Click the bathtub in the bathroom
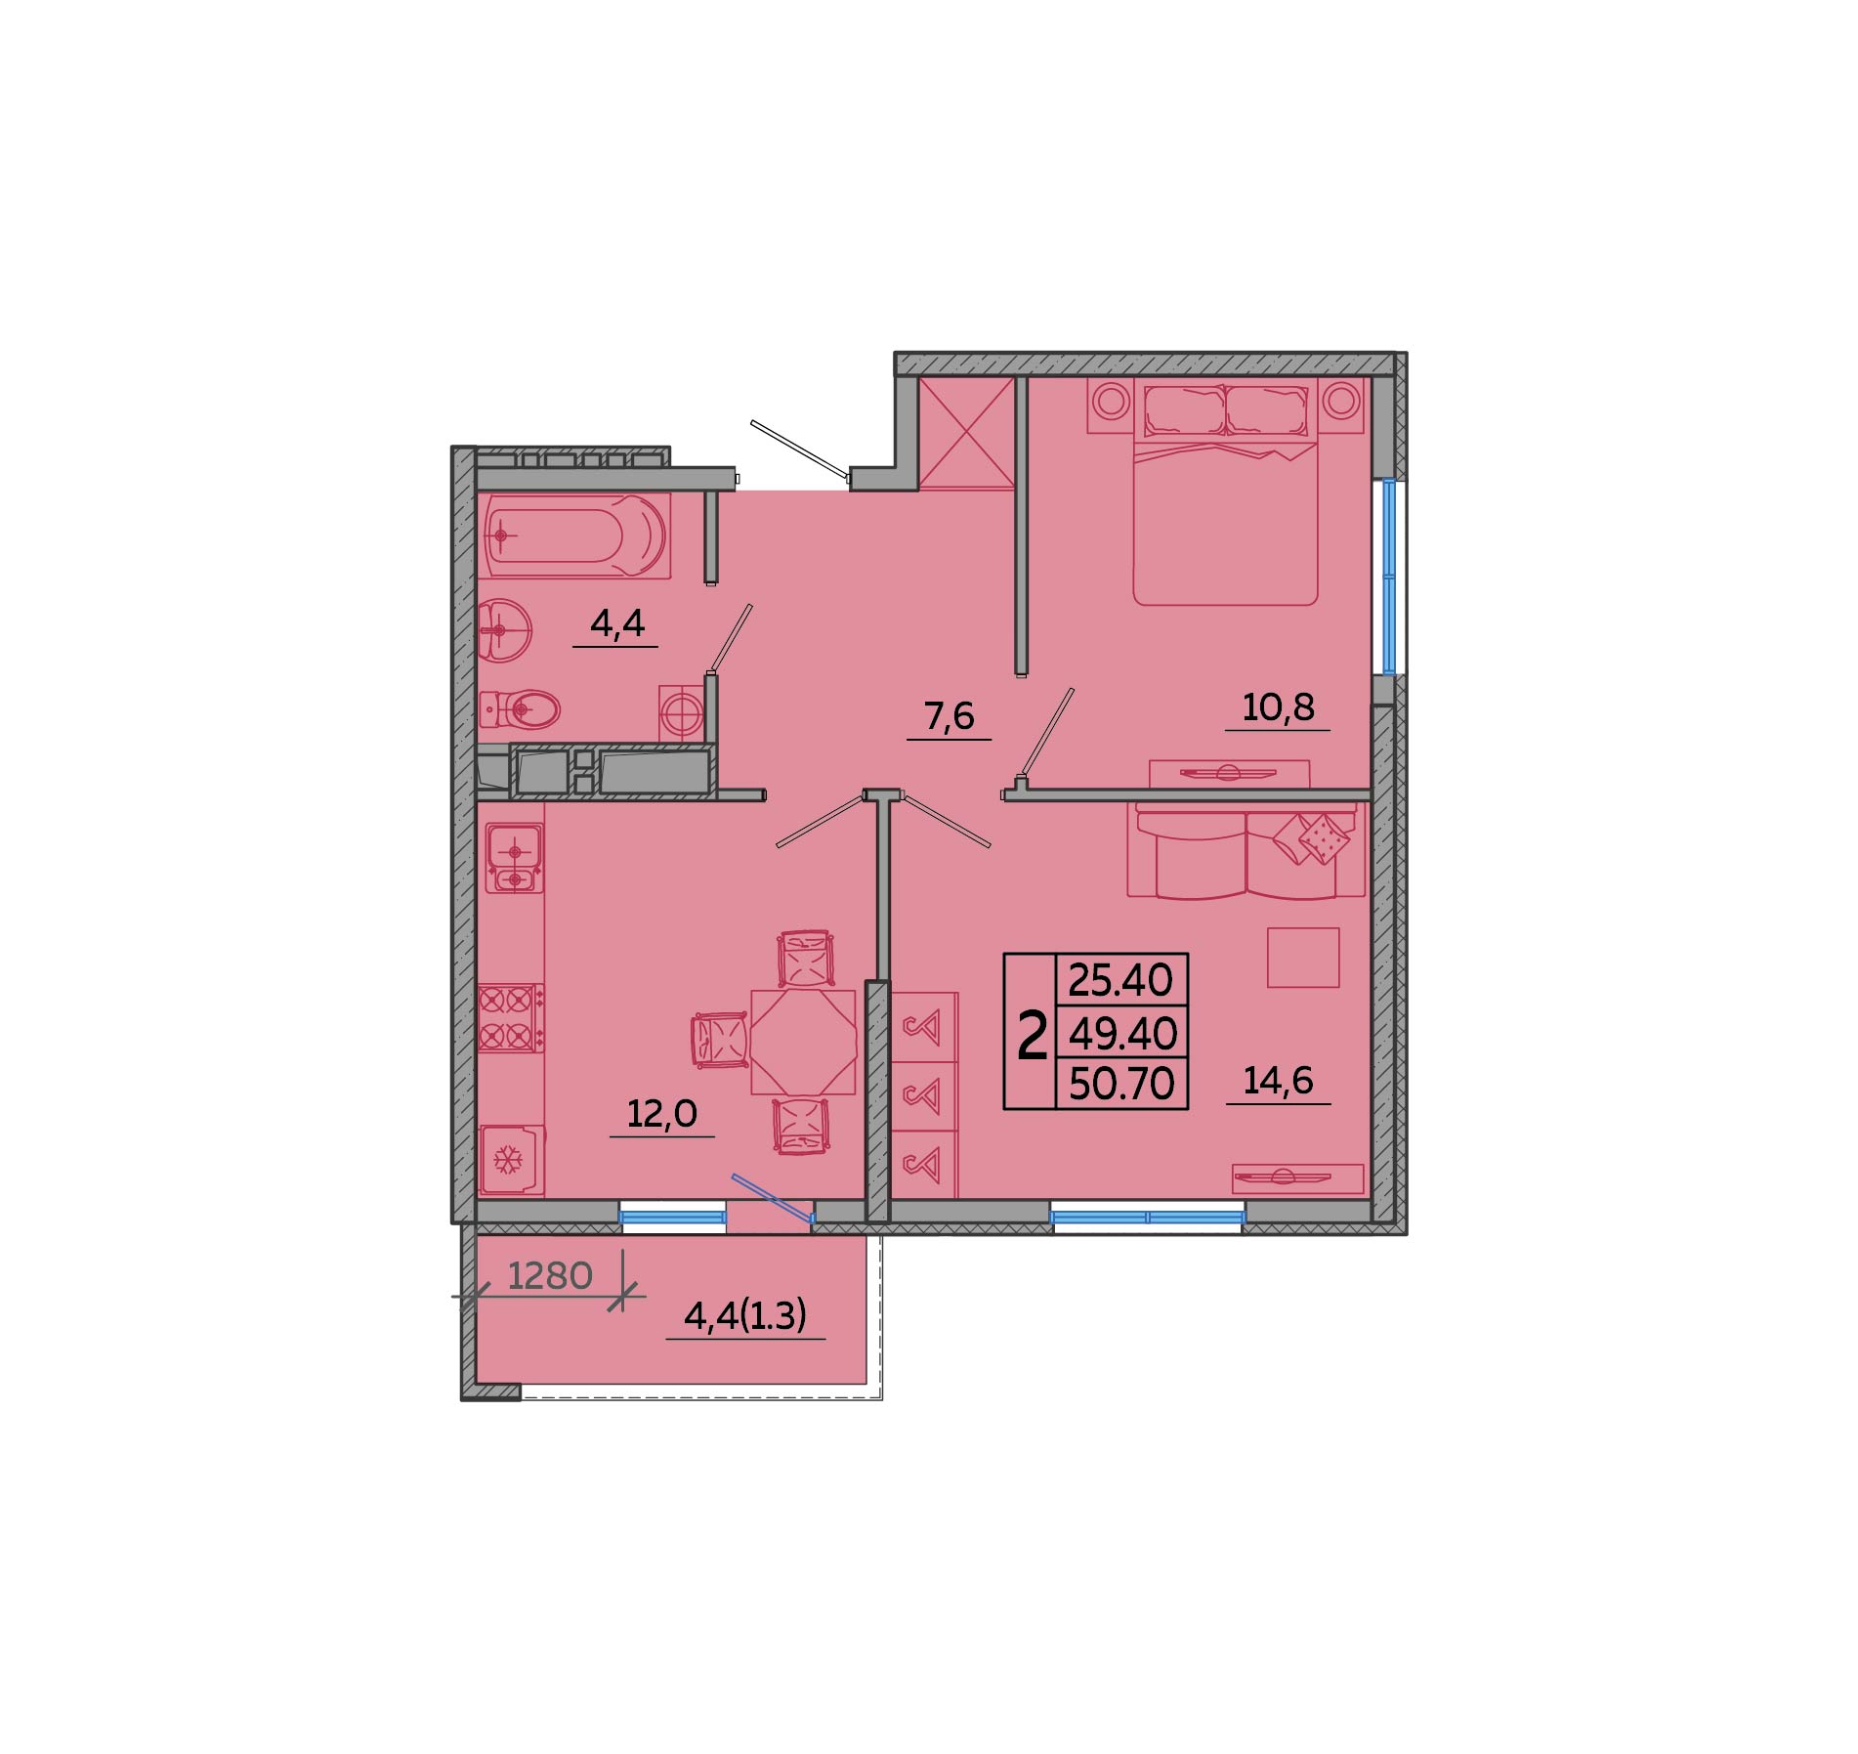pos(575,535)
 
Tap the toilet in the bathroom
pos(519,708)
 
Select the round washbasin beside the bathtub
pos(504,630)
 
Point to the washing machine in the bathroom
pos(682,713)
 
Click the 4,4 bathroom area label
pos(617,622)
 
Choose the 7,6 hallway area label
pos(949,716)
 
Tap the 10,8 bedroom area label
pos(1278,706)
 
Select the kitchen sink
pos(514,858)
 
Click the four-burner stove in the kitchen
pos(510,1017)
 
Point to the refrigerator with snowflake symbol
pos(511,1160)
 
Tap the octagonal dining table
pos(803,1042)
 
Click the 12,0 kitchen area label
pos(661,1113)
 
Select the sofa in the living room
pos(1246,849)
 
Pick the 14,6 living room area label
pos(1278,1080)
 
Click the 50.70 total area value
pos(1121,1084)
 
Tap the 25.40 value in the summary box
pos(1121,979)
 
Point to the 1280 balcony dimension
pos(550,1275)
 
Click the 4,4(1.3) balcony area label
pos(745,1316)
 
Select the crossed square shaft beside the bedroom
pos(967,433)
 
